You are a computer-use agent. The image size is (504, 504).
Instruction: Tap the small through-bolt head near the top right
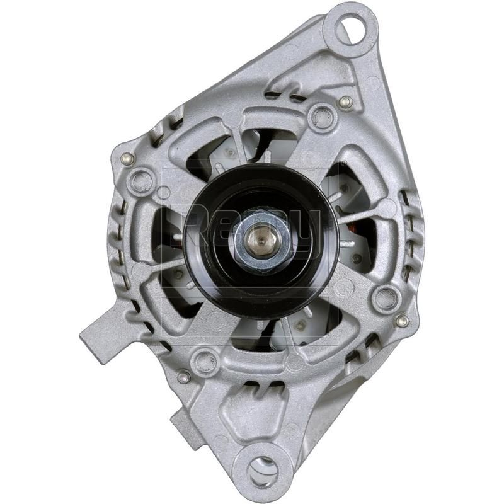coord(345,101)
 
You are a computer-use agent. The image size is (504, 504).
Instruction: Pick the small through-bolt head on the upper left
coord(127,159)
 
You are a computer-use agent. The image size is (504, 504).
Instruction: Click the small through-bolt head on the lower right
coord(401,321)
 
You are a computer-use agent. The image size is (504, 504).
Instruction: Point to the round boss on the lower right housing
coord(384,297)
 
